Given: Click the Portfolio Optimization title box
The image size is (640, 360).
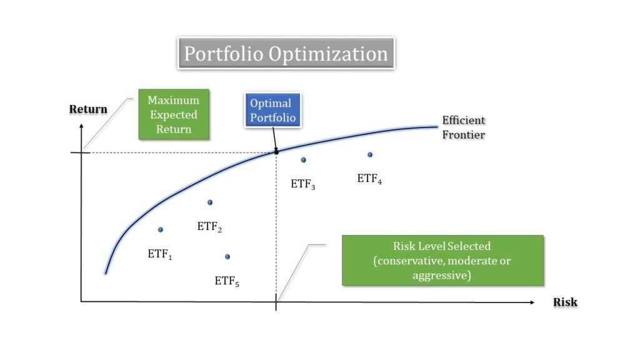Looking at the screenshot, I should click(x=286, y=54).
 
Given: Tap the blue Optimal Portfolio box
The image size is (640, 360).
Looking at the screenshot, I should click(x=272, y=111).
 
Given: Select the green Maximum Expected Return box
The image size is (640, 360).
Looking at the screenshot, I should click(x=174, y=114).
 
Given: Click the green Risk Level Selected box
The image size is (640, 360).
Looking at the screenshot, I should click(x=442, y=261).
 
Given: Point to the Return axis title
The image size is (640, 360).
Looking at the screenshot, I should click(x=88, y=109).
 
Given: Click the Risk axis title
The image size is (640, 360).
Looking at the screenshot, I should click(x=565, y=302).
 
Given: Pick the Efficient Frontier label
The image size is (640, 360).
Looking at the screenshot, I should click(x=463, y=127).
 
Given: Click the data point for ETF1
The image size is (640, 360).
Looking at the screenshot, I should click(x=161, y=230).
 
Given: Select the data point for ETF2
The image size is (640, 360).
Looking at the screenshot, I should click(x=210, y=202).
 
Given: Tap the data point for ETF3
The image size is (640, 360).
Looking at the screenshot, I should click(x=303, y=160).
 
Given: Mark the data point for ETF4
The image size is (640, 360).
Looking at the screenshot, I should click(x=370, y=154).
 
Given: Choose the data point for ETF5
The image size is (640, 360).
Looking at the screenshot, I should click(x=227, y=257).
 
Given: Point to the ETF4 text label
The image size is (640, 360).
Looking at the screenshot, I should click(x=369, y=179).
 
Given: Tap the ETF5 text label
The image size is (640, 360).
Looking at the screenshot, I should click(x=227, y=281).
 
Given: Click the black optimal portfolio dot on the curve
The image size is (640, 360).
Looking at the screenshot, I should click(x=276, y=151).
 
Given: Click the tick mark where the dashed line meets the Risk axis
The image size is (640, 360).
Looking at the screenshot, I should click(x=276, y=302).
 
